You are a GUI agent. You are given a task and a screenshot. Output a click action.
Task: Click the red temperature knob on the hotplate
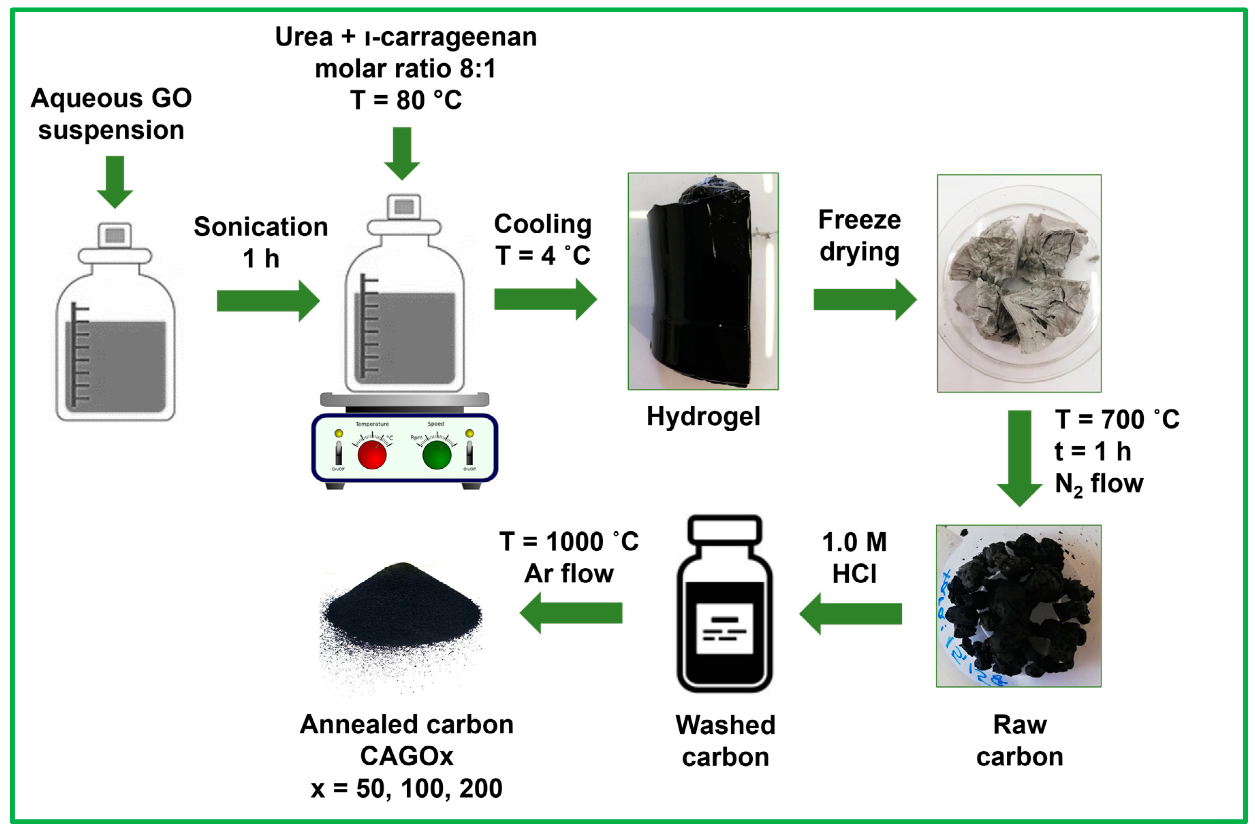pyautogui.click(x=372, y=455)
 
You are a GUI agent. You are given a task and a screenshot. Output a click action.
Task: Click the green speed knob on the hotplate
pyautogui.click(x=437, y=455)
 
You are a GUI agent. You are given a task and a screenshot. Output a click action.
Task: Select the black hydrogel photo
pyautogui.click(x=703, y=281)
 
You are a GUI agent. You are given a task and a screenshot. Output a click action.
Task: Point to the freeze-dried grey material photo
pyautogui.click(x=1019, y=283)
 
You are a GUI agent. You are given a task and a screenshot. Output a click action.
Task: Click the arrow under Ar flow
pyautogui.click(x=571, y=613)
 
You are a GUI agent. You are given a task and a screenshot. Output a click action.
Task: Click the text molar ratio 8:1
pyautogui.click(x=405, y=68)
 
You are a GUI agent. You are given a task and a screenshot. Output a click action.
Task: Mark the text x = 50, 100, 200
pyautogui.click(x=406, y=788)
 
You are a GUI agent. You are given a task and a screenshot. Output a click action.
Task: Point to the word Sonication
pyautogui.click(x=261, y=227)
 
